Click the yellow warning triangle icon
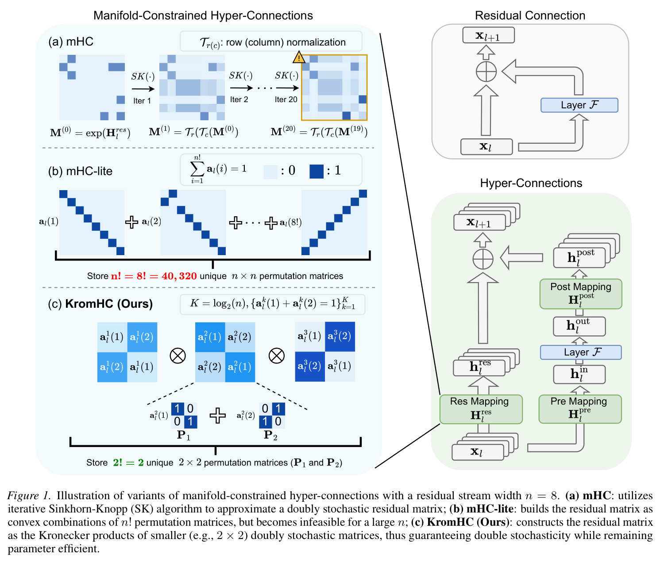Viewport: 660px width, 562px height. [x=298, y=57]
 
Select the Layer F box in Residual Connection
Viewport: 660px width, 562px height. [x=579, y=105]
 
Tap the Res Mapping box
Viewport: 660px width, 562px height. [x=480, y=409]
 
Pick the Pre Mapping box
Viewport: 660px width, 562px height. [x=579, y=409]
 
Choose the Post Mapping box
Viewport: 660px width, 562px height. [x=580, y=294]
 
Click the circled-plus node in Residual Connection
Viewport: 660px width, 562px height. [x=486, y=72]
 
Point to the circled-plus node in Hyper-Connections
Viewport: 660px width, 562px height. [x=482, y=259]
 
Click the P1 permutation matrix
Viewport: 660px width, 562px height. [x=184, y=415]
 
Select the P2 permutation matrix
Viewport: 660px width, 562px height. [x=272, y=415]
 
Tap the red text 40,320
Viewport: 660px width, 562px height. [x=179, y=276]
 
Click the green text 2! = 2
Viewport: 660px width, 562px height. [x=128, y=462]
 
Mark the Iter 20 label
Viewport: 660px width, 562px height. [x=286, y=99]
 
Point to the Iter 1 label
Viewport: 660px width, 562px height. [x=142, y=101]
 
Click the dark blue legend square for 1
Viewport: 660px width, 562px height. [x=316, y=171]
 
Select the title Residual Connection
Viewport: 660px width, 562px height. [x=530, y=15]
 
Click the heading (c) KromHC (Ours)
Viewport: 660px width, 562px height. [x=100, y=303]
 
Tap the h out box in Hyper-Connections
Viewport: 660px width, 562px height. [x=579, y=326]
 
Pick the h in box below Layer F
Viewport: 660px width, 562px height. [x=579, y=374]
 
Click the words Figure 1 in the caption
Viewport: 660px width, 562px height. [x=29, y=495]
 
